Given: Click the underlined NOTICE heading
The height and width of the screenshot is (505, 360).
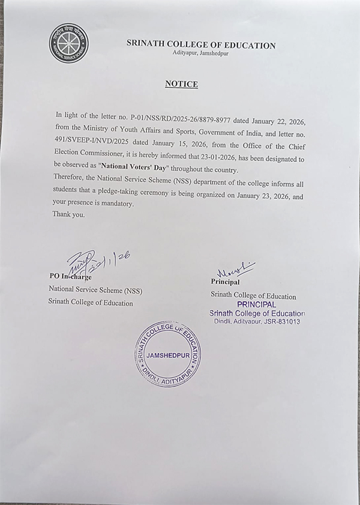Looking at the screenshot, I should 181,84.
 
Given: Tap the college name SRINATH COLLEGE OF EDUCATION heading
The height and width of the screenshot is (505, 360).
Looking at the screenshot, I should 201,45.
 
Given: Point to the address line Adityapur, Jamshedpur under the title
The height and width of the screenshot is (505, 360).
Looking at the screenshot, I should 200,55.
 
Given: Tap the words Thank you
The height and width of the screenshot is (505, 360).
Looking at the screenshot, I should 68,214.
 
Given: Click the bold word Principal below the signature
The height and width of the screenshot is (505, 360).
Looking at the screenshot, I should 225,281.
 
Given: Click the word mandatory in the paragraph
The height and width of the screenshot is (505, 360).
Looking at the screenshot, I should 117,204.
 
